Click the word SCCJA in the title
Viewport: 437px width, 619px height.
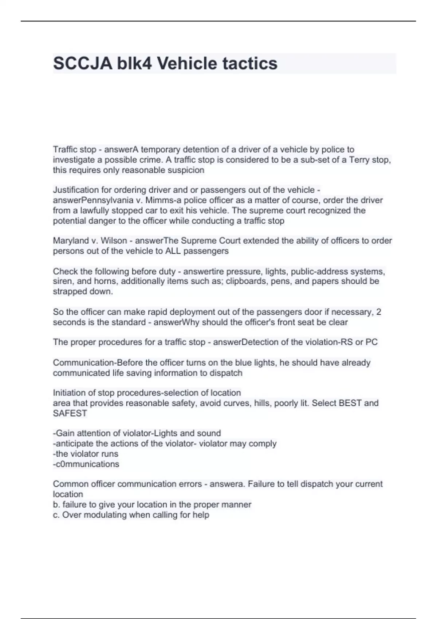83,63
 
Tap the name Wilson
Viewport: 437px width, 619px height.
114,241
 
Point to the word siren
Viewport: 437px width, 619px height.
62,281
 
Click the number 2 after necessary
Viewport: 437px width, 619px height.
379,312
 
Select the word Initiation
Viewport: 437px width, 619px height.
69,393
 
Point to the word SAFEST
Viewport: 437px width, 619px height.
70,413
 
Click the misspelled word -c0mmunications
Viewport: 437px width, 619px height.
86,464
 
